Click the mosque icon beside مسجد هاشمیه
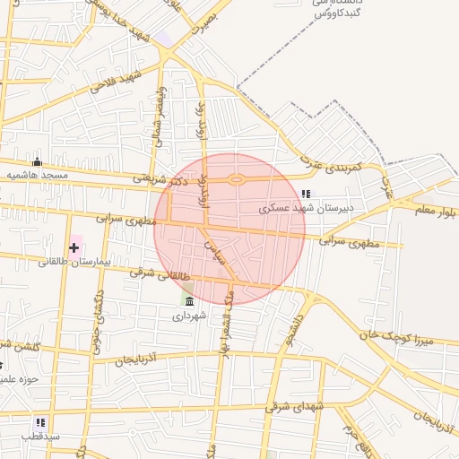[37, 162]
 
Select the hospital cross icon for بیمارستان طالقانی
[74, 247]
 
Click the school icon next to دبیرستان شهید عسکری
[306, 193]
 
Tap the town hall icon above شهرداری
[188, 301]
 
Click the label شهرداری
[189, 316]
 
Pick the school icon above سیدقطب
[40, 421]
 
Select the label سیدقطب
[41, 436]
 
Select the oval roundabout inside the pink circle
[237, 179]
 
